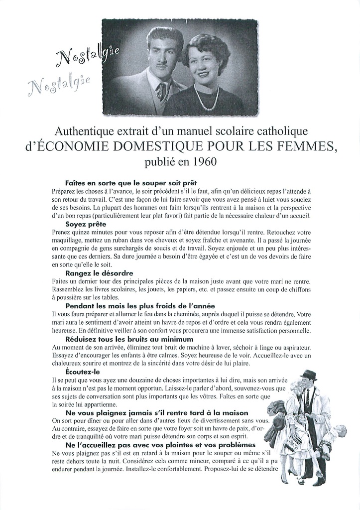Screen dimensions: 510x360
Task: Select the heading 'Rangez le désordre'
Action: [99, 273]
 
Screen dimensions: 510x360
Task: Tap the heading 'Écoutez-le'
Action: [83, 371]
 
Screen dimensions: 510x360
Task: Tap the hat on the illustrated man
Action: [309, 375]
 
